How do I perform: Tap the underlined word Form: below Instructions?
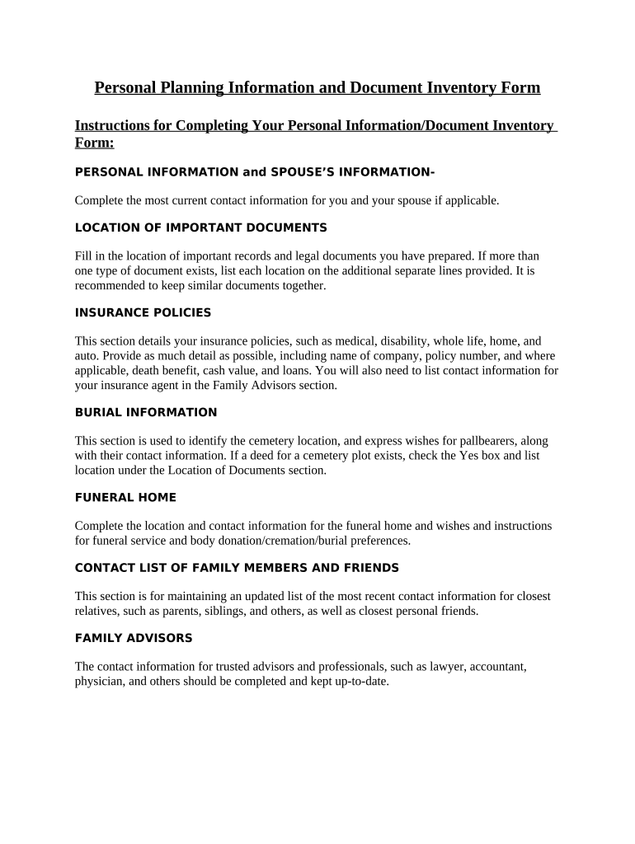[94, 143]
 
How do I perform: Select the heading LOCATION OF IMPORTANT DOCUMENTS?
[200, 227]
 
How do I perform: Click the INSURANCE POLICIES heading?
[143, 312]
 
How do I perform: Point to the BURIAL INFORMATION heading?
[146, 412]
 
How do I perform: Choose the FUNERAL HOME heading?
[125, 497]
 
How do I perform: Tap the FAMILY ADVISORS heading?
[134, 638]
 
